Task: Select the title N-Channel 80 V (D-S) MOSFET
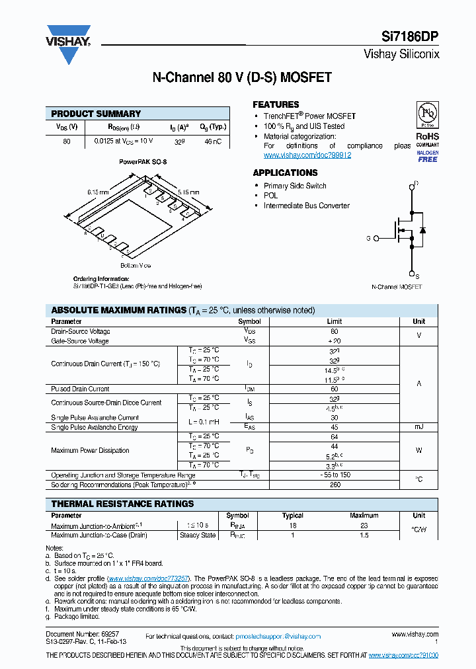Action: pos(242,77)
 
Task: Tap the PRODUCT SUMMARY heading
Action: pos(96,114)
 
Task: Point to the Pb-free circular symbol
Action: pos(426,114)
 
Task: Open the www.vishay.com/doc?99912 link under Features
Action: pos(307,155)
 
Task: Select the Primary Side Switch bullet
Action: pos(295,186)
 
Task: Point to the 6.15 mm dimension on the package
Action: pos(97,192)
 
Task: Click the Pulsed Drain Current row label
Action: pos(80,389)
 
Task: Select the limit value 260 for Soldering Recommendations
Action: pos(334,485)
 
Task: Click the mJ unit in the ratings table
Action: pos(418,428)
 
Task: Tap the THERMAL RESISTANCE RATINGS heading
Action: pos(122,504)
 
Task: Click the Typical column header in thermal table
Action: pos(292,516)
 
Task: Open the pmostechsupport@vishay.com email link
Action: pos(278,636)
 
